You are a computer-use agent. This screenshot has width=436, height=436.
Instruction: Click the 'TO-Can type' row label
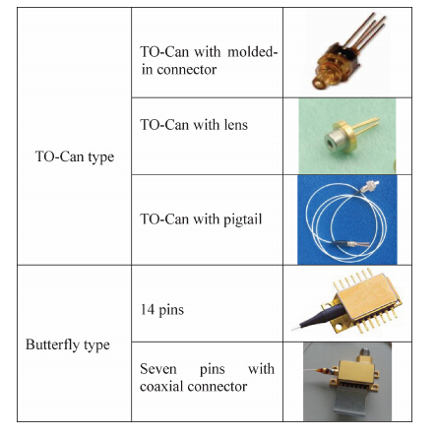[75, 156]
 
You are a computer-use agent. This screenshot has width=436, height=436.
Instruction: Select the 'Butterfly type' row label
[68, 345]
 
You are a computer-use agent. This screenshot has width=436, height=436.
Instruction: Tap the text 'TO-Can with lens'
[194, 125]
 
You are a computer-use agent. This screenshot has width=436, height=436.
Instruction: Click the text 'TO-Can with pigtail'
[201, 219]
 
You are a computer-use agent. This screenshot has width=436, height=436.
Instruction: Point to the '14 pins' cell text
[162, 310]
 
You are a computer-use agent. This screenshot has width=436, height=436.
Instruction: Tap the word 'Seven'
[158, 369]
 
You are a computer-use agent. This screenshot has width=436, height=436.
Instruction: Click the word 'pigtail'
[242, 219]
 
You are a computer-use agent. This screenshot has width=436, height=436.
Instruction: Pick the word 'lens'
[236, 125]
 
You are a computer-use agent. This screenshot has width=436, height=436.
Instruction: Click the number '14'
[148, 309]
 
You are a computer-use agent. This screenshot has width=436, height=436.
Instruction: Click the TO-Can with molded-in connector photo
[348, 52]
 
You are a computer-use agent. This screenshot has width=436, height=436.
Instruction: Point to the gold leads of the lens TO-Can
[367, 127]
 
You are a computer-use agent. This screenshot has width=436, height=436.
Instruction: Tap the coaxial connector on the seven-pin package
[364, 355]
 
